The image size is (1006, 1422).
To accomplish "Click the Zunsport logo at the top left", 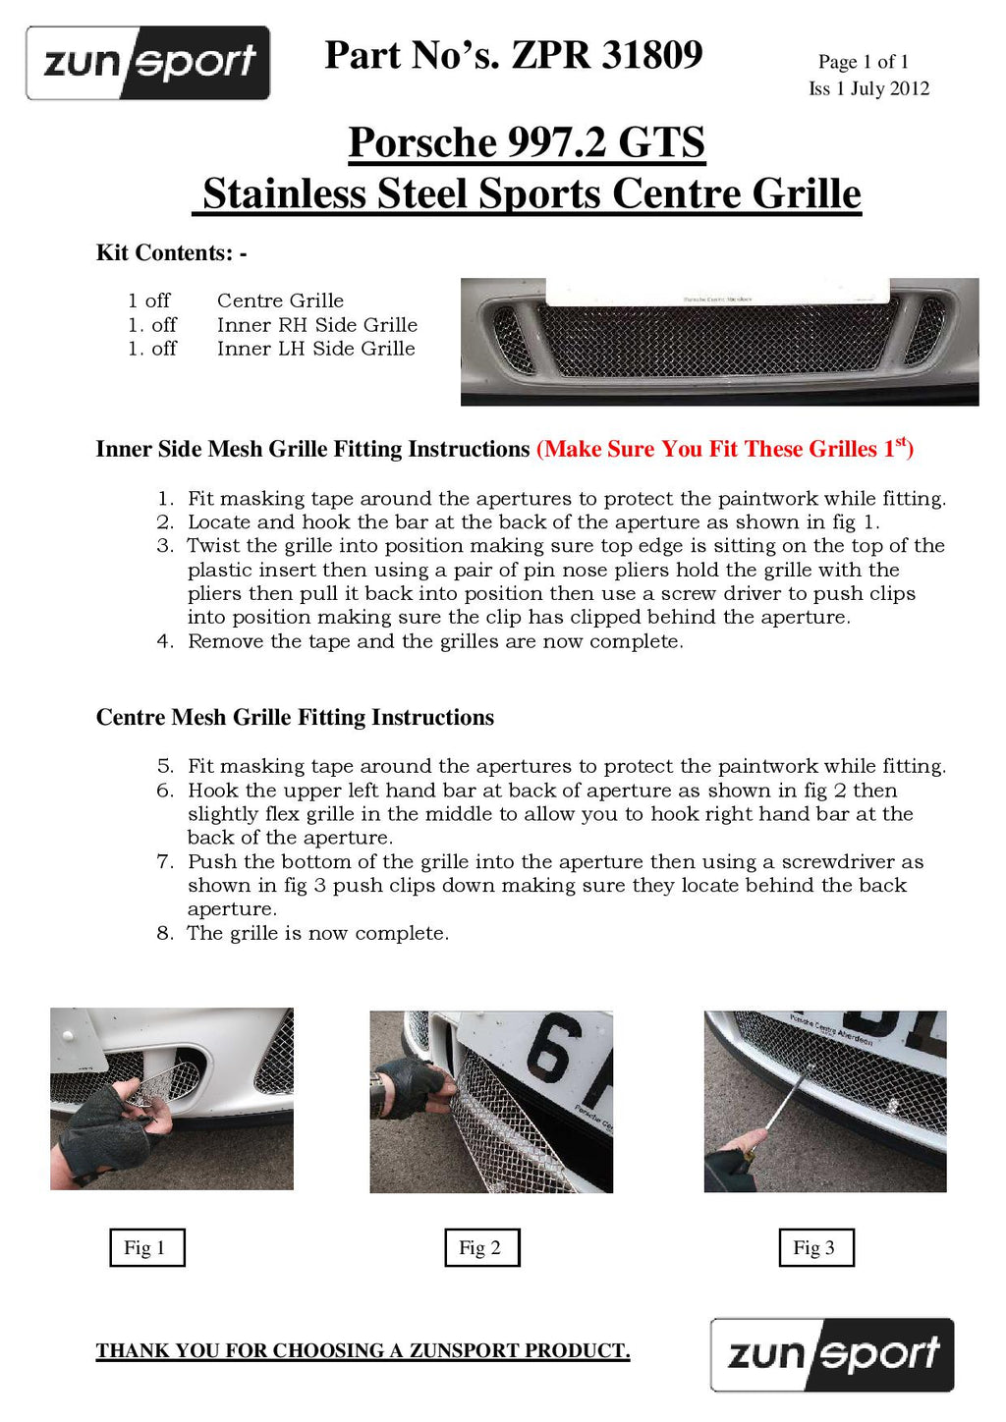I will (148, 63).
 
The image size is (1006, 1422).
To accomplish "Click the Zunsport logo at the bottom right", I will (832, 1354).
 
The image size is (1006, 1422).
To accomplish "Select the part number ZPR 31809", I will (607, 55).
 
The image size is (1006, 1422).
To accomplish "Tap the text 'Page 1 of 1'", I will (863, 62).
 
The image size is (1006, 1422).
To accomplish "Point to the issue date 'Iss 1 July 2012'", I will (868, 88).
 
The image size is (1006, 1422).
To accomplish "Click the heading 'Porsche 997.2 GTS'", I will (527, 142).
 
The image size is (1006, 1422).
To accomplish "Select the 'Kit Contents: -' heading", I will (171, 253).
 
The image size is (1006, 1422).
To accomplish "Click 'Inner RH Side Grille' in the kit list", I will (316, 325).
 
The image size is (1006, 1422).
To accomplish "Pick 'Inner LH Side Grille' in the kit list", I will (315, 349).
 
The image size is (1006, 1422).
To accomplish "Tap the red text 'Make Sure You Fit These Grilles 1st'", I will (725, 449).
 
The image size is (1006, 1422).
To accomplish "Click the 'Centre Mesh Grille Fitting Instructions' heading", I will (295, 718).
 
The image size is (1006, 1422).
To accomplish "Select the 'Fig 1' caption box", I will (146, 1247).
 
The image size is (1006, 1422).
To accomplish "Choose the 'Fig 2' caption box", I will (481, 1247).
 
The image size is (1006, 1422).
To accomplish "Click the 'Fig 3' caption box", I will (815, 1247).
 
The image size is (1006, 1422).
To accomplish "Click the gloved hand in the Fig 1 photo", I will (108, 1129).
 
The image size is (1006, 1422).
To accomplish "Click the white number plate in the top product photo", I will (717, 292).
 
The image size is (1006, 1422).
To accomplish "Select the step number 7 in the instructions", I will (165, 862).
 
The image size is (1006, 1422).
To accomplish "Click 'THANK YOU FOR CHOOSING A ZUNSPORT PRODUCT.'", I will (363, 1351).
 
